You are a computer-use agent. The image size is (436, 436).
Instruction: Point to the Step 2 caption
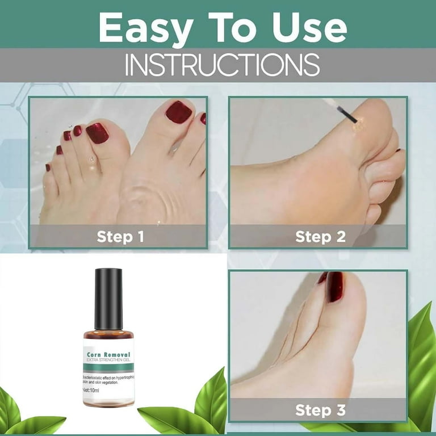[320, 236]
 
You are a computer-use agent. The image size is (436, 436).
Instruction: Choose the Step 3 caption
[320, 409]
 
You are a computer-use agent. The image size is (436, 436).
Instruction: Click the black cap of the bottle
[108, 299]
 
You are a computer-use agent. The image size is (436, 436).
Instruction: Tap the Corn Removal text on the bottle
[109, 355]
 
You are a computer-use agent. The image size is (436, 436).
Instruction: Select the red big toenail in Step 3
[334, 287]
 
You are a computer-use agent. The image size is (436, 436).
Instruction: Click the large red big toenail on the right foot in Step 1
[179, 112]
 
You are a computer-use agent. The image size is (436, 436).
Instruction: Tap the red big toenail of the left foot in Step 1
[97, 133]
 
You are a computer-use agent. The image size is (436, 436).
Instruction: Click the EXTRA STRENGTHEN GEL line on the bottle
[109, 361]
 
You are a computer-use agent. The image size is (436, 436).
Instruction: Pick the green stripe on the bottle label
[108, 368]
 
